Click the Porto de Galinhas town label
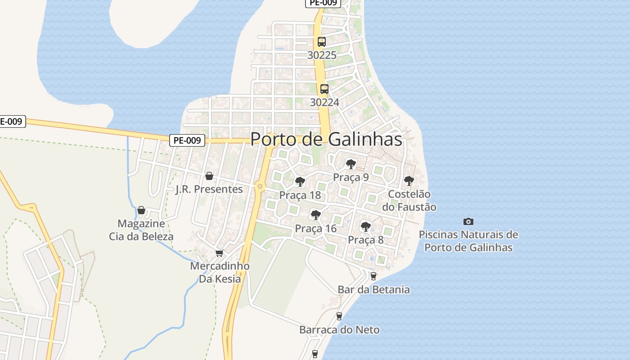point(326,139)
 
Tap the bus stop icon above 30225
point(321,42)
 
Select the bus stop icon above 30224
point(324,89)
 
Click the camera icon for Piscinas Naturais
point(468,221)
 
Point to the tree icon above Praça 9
point(351,164)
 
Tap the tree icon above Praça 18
point(300,182)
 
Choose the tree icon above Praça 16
point(316,215)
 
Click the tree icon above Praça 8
point(365,226)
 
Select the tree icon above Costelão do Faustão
point(409,181)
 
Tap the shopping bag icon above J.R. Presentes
point(209,176)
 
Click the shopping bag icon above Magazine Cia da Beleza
point(141,210)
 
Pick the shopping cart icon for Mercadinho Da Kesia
point(219,253)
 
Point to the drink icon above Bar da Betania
point(373,276)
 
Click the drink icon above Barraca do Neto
point(339,316)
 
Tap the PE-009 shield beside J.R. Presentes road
point(188,140)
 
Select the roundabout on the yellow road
point(259,186)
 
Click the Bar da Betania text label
point(373,289)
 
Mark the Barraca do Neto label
point(339,330)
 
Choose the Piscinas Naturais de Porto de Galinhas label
point(468,241)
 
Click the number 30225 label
point(322,55)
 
